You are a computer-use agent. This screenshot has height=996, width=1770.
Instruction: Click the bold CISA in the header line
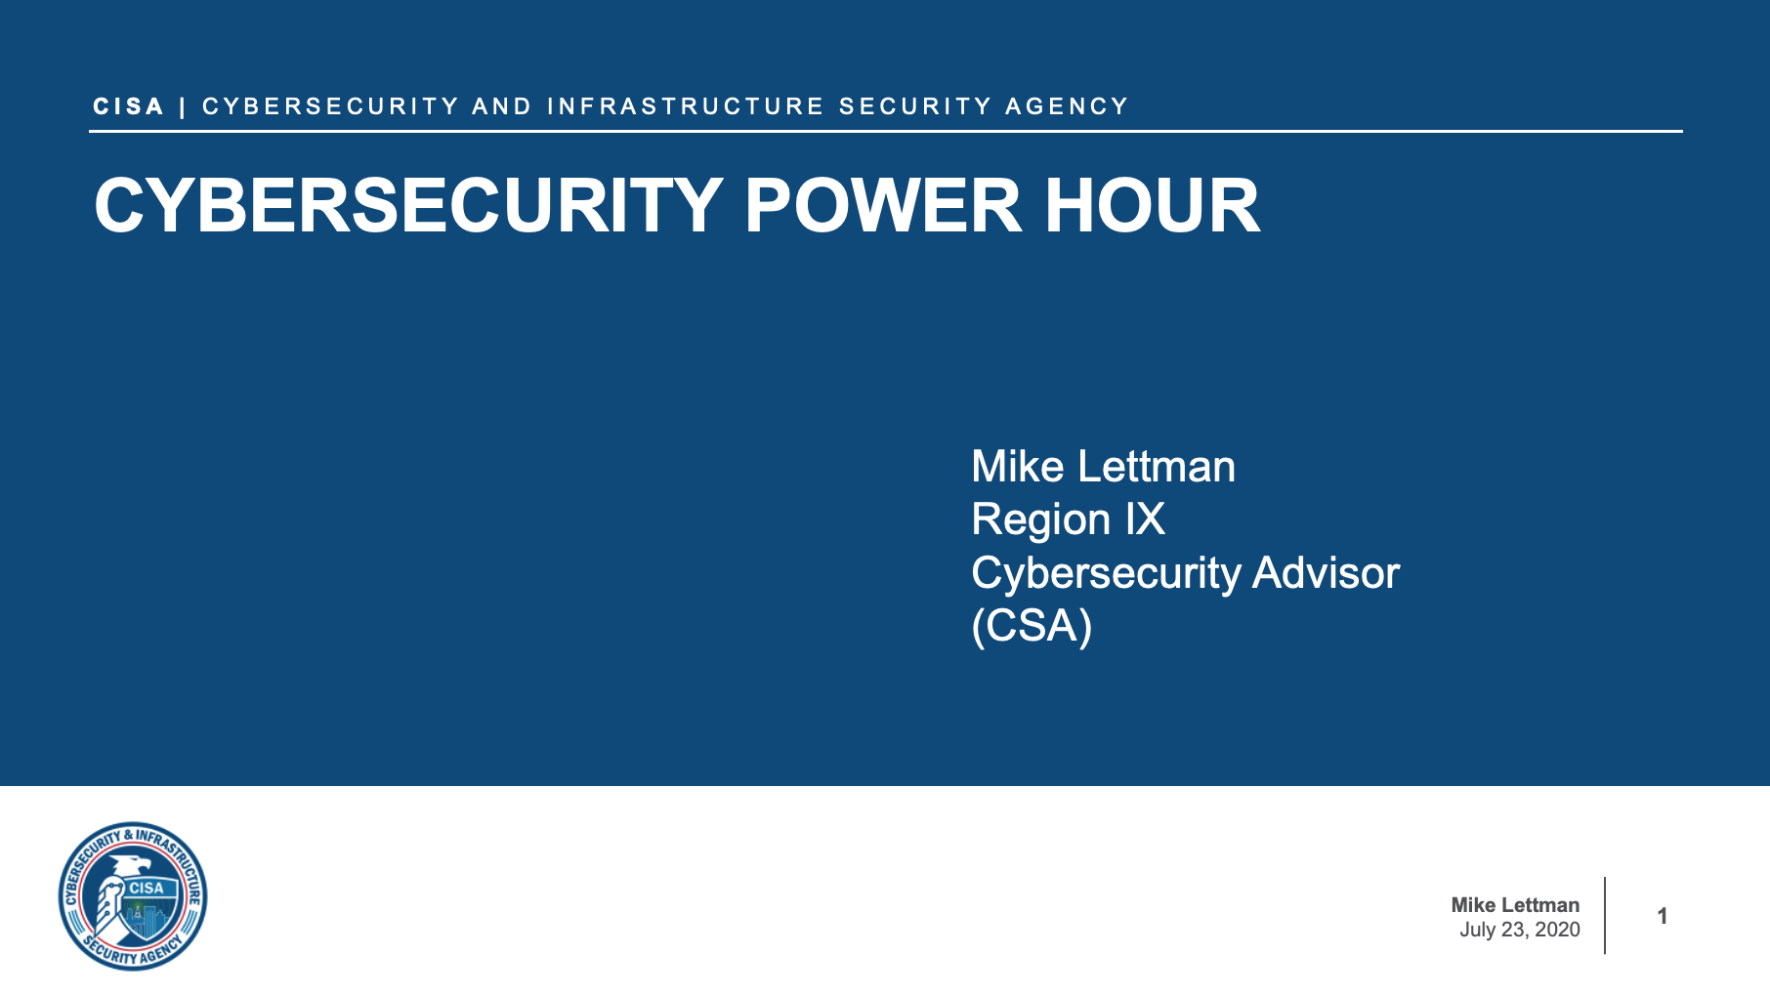[x=128, y=106]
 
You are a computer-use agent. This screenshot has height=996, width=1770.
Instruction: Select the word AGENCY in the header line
[x=1067, y=106]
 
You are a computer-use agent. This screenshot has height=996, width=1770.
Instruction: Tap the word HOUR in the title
[x=1153, y=206]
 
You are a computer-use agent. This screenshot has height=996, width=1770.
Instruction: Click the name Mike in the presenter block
[x=1017, y=467]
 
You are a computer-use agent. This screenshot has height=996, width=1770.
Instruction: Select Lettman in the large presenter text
[x=1157, y=467]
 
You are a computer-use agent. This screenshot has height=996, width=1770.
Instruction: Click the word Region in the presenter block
[x=1040, y=519]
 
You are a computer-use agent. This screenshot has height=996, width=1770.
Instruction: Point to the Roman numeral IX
[x=1145, y=519]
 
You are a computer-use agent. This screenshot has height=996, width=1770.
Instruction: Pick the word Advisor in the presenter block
[x=1326, y=573]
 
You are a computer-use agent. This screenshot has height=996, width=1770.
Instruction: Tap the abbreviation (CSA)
[x=1032, y=626]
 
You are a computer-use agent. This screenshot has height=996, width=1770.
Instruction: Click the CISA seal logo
[x=133, y=895]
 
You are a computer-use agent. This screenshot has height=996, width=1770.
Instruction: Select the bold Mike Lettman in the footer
[x=1515, y=905]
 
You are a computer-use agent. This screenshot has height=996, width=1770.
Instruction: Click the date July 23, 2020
[x=1519, y=930]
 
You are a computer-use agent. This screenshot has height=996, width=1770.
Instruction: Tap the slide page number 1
[x=1662, y=916]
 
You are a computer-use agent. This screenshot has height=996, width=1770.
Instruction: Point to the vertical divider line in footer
[x=1605, y=915]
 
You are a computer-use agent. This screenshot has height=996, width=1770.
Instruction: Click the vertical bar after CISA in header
[x=183, y=106]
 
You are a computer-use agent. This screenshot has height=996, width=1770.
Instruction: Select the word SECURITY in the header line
[x=915, y=106]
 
